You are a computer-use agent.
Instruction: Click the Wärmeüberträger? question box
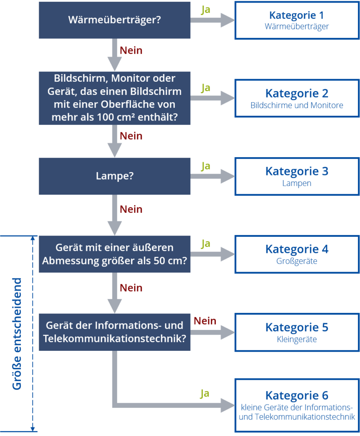point(114,20)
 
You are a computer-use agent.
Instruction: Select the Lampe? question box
point(114,176)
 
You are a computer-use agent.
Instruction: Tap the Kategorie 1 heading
point(297,15)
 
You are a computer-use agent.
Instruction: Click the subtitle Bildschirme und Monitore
point(297,106)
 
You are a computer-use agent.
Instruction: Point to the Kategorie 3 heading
point(297,171)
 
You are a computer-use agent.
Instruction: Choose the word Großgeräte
point(297,261)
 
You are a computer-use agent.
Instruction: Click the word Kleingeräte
point(297,339)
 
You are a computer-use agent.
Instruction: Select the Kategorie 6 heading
point(297,396)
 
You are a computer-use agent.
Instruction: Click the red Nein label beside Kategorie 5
point(205,321)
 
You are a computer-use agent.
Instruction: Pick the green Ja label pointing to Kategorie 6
point(205,394)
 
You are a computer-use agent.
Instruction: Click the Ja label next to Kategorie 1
point(206,10)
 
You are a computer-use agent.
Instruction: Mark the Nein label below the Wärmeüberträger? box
point(131,51)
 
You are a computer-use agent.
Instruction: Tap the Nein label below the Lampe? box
point(131,209)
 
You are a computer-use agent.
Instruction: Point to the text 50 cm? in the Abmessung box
point(168,261)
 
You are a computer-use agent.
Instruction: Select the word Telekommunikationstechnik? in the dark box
point(114,338)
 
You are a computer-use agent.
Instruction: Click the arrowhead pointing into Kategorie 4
point(228,254)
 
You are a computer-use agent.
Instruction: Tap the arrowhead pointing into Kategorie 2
point(228,98)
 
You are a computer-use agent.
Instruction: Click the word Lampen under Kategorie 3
point(297,184)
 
